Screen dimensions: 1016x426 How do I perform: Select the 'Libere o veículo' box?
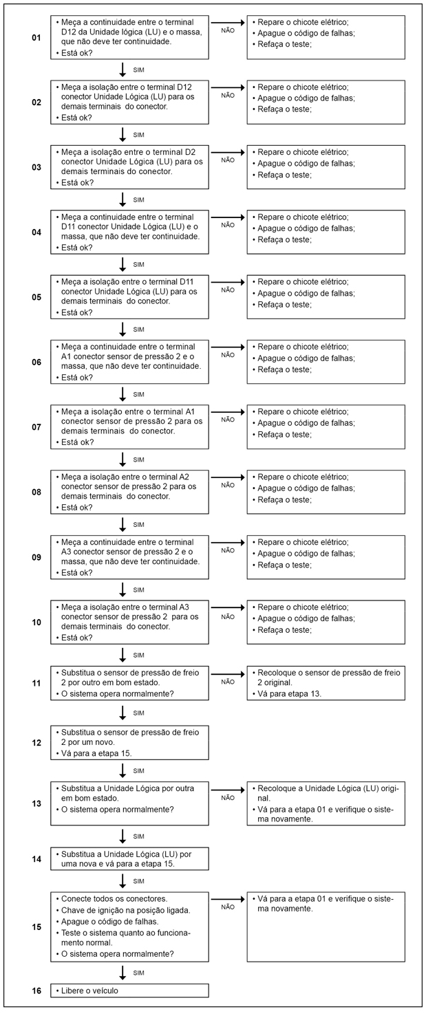[129, 991]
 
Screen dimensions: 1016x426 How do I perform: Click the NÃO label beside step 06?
[228, 356]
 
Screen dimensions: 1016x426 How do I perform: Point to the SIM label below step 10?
[138, 656]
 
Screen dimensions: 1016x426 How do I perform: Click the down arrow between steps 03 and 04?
[123, 199]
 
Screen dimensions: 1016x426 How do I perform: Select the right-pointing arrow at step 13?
[228, 790]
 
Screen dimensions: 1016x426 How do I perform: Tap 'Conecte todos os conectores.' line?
[112, 898]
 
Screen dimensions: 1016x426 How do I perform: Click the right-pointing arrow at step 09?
[228, 543]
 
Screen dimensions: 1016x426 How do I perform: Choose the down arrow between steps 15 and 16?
[123, 973]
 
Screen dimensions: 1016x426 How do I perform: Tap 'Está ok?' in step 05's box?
[77, 313]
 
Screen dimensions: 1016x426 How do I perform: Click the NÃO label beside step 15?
[228, 907]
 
